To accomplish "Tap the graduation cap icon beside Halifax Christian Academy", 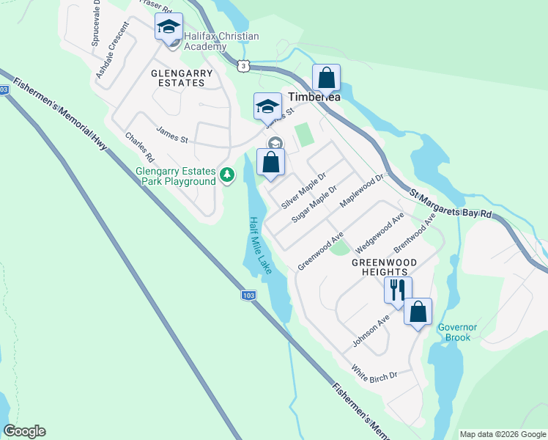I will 169,28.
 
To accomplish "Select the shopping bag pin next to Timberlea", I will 326,77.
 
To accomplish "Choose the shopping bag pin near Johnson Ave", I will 418,312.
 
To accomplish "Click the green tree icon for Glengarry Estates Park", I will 227,175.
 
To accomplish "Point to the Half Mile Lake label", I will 259,245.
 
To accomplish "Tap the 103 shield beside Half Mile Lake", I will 248,295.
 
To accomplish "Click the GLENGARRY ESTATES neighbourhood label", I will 182,78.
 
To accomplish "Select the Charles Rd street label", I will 139,147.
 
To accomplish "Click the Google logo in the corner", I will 24,431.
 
